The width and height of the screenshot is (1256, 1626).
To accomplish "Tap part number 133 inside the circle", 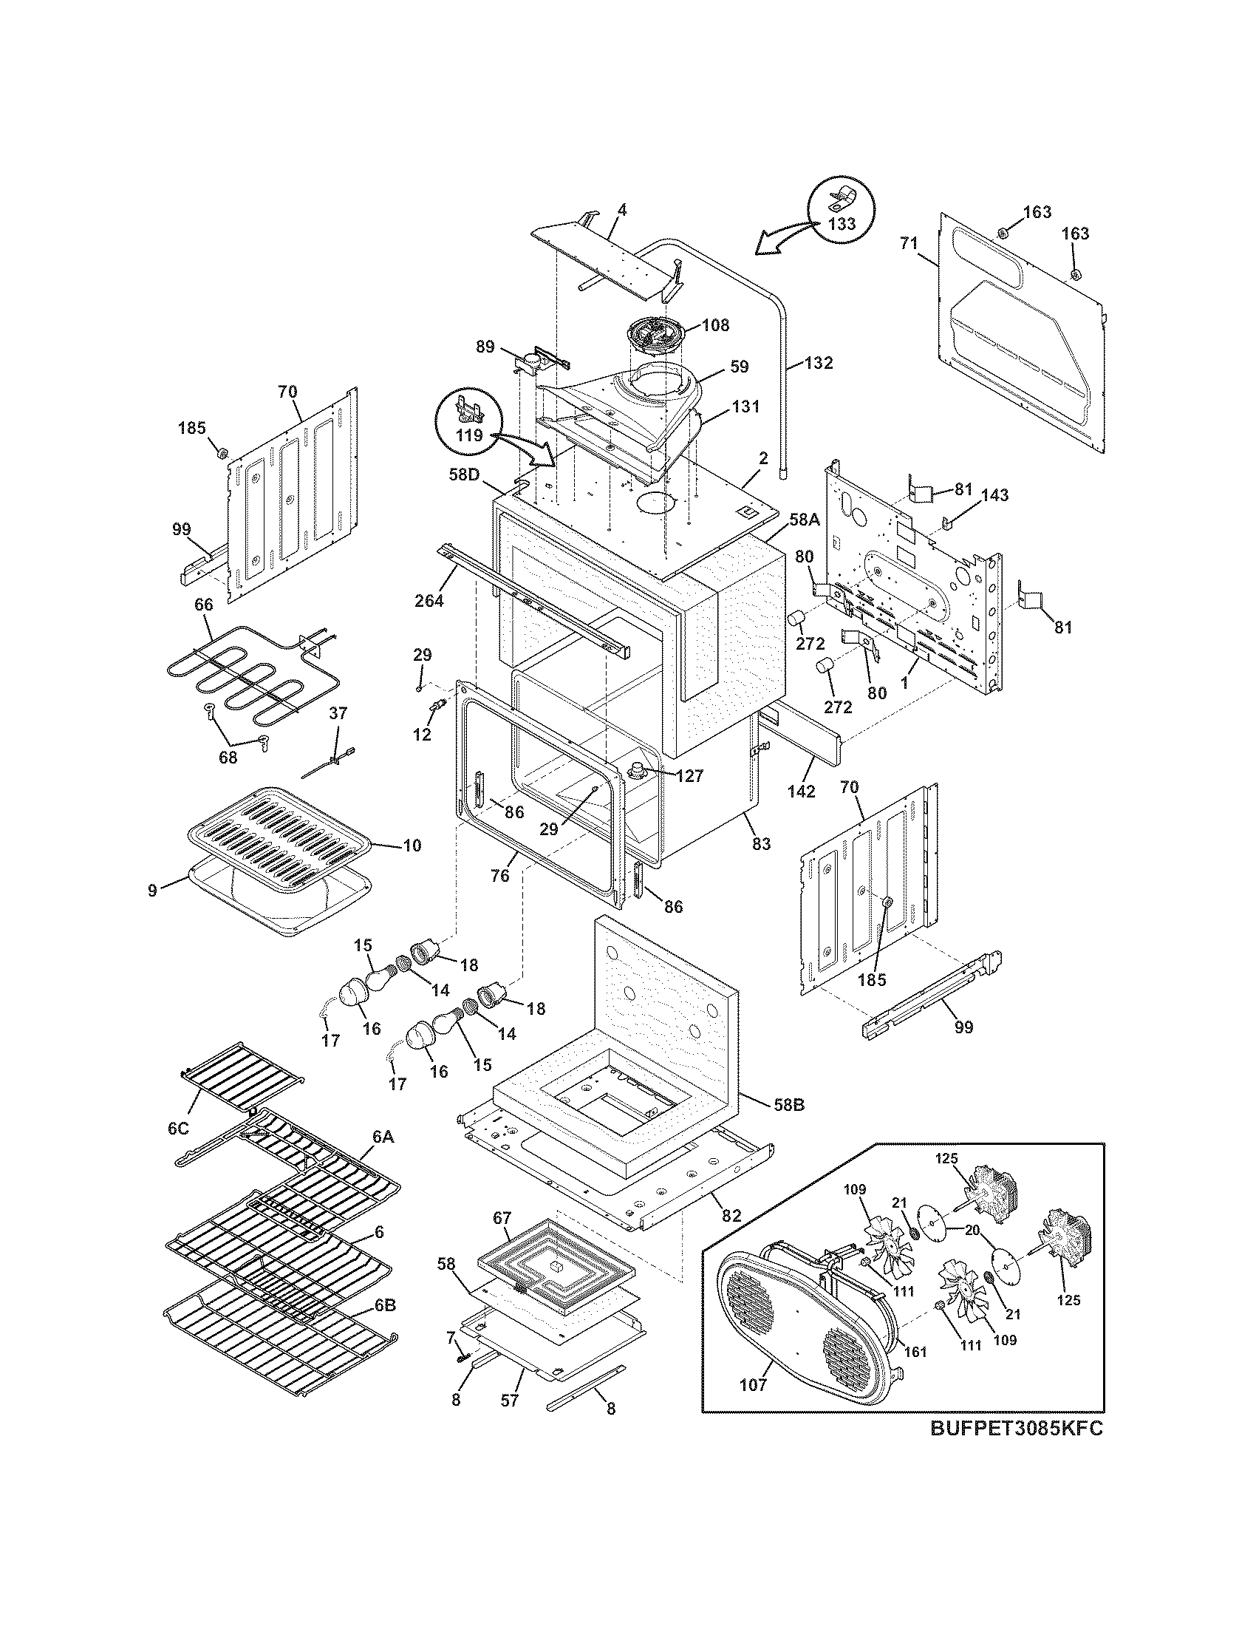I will [841, 223].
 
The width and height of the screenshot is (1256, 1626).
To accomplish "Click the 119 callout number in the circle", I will [469, 435].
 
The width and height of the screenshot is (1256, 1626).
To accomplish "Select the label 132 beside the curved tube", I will [818, 364].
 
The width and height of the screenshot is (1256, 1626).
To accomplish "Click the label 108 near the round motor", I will [714, 324].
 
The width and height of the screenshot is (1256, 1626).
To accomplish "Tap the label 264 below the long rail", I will [429, 600].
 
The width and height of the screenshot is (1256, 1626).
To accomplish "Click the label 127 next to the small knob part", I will [689, 775].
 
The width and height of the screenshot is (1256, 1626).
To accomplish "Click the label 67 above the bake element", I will [502, 1218].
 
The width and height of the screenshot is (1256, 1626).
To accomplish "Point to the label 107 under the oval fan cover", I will [753, 1385].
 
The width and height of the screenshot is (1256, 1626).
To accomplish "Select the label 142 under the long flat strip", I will [801, 792].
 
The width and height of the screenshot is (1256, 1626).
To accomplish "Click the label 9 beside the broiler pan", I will [152, 890].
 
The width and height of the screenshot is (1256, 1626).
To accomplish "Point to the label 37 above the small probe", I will [338, 713].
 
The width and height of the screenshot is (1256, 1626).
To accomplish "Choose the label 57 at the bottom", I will [509, 1400].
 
